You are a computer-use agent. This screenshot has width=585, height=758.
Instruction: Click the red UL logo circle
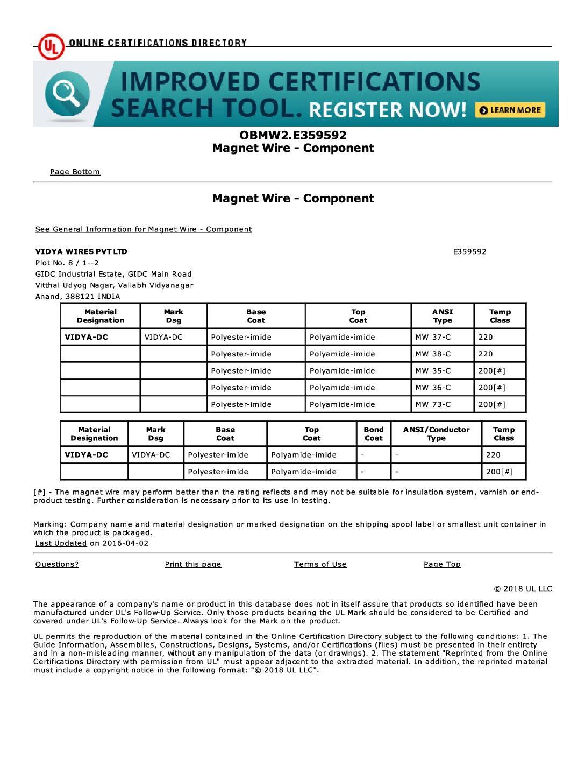[51, 47]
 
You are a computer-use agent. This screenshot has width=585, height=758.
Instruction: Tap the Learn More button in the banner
[510, 110]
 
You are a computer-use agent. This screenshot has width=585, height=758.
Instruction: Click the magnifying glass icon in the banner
[67, 94]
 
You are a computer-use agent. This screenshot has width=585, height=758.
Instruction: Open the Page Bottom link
[75, 172]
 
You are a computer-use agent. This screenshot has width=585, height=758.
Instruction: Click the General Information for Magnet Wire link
[143, 229]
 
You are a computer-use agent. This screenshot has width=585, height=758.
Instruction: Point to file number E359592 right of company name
[469, 251]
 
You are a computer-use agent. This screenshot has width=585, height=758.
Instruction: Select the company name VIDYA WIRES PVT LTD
[81, 251]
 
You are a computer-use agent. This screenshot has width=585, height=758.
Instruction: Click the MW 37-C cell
[433, 337]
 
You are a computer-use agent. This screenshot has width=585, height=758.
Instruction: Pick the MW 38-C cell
[433, 354]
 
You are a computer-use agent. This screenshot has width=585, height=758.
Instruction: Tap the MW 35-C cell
[433, 371]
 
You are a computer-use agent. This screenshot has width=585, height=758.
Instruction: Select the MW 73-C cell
[433, 404]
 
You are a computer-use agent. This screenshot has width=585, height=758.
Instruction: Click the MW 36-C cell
[433, 388]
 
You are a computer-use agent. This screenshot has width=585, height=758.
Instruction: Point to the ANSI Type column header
[443, 316]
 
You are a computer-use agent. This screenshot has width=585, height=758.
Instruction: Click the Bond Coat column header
[374, 434]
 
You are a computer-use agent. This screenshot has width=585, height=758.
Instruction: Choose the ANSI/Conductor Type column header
[436, 434]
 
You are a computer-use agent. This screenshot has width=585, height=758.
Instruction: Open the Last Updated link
[61, 543]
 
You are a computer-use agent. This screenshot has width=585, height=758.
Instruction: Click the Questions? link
[57, 564]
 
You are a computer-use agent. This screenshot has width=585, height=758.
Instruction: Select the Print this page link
[193, 564]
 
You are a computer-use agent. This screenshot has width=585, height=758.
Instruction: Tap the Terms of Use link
[320, 564]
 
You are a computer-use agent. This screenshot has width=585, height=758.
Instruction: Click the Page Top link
[442, 564]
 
